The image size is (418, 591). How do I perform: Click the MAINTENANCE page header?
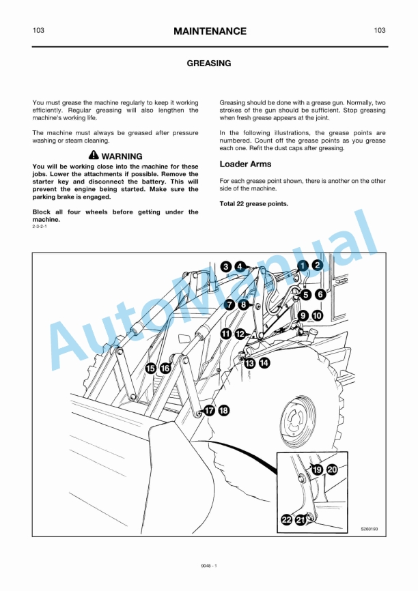(209, 31)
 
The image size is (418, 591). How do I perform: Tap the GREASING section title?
(209, 63)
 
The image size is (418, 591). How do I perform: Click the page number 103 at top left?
(39, 31)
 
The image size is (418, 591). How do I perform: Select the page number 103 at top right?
(380, 31)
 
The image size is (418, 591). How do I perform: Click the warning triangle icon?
(94, 156)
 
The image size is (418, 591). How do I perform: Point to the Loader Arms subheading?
(245, 164)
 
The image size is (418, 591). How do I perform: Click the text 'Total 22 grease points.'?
(253, 203)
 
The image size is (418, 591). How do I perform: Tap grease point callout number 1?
(303, 265)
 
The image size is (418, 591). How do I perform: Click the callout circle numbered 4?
(240, 266)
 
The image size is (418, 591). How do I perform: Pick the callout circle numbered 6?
(320, 295)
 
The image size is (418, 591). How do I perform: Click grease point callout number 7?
(229, 304)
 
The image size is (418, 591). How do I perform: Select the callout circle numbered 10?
(318, 316)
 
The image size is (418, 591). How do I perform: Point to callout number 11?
(225, 333)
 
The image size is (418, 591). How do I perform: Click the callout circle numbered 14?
(264, 363)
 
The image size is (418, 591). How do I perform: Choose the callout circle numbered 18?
(223, 410)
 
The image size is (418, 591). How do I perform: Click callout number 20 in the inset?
(332, 470)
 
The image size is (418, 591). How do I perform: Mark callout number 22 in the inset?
(286, 521)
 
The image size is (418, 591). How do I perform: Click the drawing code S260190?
(370, 528)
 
